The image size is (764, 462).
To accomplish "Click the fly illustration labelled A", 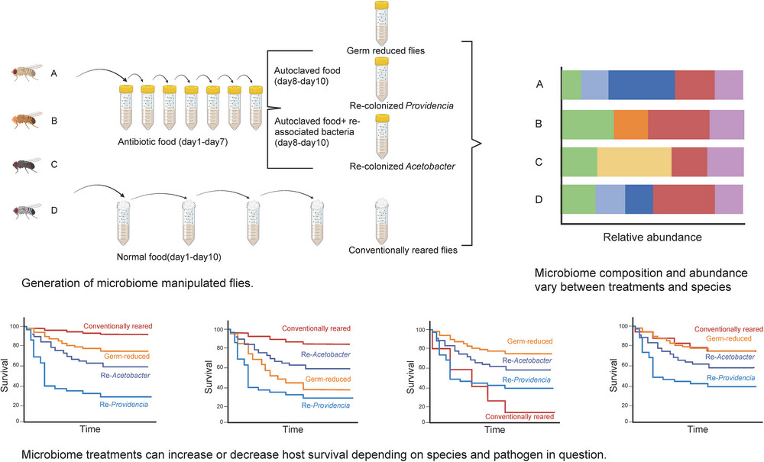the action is [27, 72].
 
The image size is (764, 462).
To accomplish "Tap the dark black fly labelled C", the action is [28, 165].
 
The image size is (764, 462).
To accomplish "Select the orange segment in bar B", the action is [630, 124].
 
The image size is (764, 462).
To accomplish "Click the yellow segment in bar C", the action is [634, 162].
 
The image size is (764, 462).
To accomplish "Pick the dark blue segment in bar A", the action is [642, 85].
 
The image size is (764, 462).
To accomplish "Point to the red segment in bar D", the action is [684, 199].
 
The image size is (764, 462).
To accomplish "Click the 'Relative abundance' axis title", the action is [652, 237].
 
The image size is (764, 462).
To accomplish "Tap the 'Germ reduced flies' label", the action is [385, 50].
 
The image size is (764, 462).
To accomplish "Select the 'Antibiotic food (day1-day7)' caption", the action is [173, 142].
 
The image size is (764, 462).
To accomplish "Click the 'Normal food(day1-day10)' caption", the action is [169, 257].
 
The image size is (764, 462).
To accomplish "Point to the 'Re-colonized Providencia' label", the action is [402, 105].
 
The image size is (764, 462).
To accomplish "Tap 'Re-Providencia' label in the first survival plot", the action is [124, 404].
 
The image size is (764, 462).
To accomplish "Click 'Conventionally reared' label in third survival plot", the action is [520, 417].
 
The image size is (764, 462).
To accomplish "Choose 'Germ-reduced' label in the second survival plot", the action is [328, 379].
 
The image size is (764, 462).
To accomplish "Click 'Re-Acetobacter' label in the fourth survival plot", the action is [730, 357].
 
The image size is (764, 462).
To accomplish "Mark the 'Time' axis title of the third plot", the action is [494, 429].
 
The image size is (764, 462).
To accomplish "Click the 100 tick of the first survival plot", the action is [15, 326].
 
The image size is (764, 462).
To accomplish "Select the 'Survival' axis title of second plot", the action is [209, 376].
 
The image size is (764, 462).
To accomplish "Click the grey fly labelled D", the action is [28, 211].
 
